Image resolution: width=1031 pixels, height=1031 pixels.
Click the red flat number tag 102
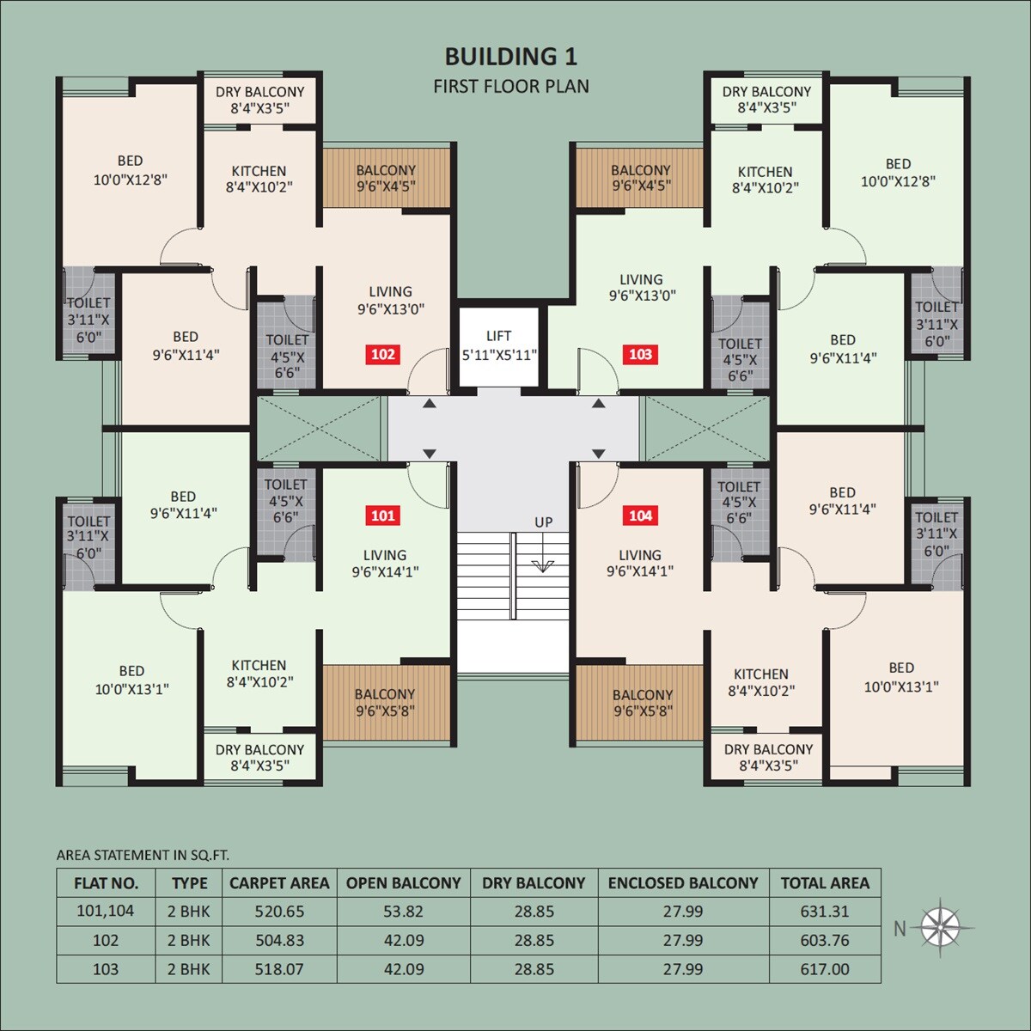click(383, 354)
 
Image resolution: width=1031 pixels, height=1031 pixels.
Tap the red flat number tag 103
click(640, 354)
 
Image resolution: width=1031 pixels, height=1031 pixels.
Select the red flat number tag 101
click(383, 515)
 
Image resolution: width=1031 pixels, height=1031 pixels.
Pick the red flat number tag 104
click(640, 515)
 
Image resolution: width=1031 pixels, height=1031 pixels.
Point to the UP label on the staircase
click(543, 522)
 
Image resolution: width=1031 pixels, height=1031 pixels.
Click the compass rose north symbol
click(941, 926)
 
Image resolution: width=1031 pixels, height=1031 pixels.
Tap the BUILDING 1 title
click(510, 57)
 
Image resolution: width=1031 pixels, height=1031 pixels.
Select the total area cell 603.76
click(825, 940)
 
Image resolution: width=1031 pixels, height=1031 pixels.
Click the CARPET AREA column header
click(279, 883)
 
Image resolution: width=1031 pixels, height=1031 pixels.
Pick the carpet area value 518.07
click(279, 969)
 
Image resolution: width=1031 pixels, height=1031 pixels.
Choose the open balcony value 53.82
click(403, 912)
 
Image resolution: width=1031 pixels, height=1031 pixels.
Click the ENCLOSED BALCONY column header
click(683, 883)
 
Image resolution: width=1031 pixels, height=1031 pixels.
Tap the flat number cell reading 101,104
click(106, 911)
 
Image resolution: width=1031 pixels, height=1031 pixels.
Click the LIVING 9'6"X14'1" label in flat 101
click(385, 563)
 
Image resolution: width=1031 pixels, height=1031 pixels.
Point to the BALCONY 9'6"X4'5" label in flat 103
click(641, 178)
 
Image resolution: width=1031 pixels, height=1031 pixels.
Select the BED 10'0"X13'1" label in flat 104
click(901, 677)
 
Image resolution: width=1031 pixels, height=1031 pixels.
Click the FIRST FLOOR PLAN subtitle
click(511, 86)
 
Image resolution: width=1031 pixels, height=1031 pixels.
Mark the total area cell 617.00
click(825, 969)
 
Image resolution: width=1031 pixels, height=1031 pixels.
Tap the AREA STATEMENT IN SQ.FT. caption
click(143, 855)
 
